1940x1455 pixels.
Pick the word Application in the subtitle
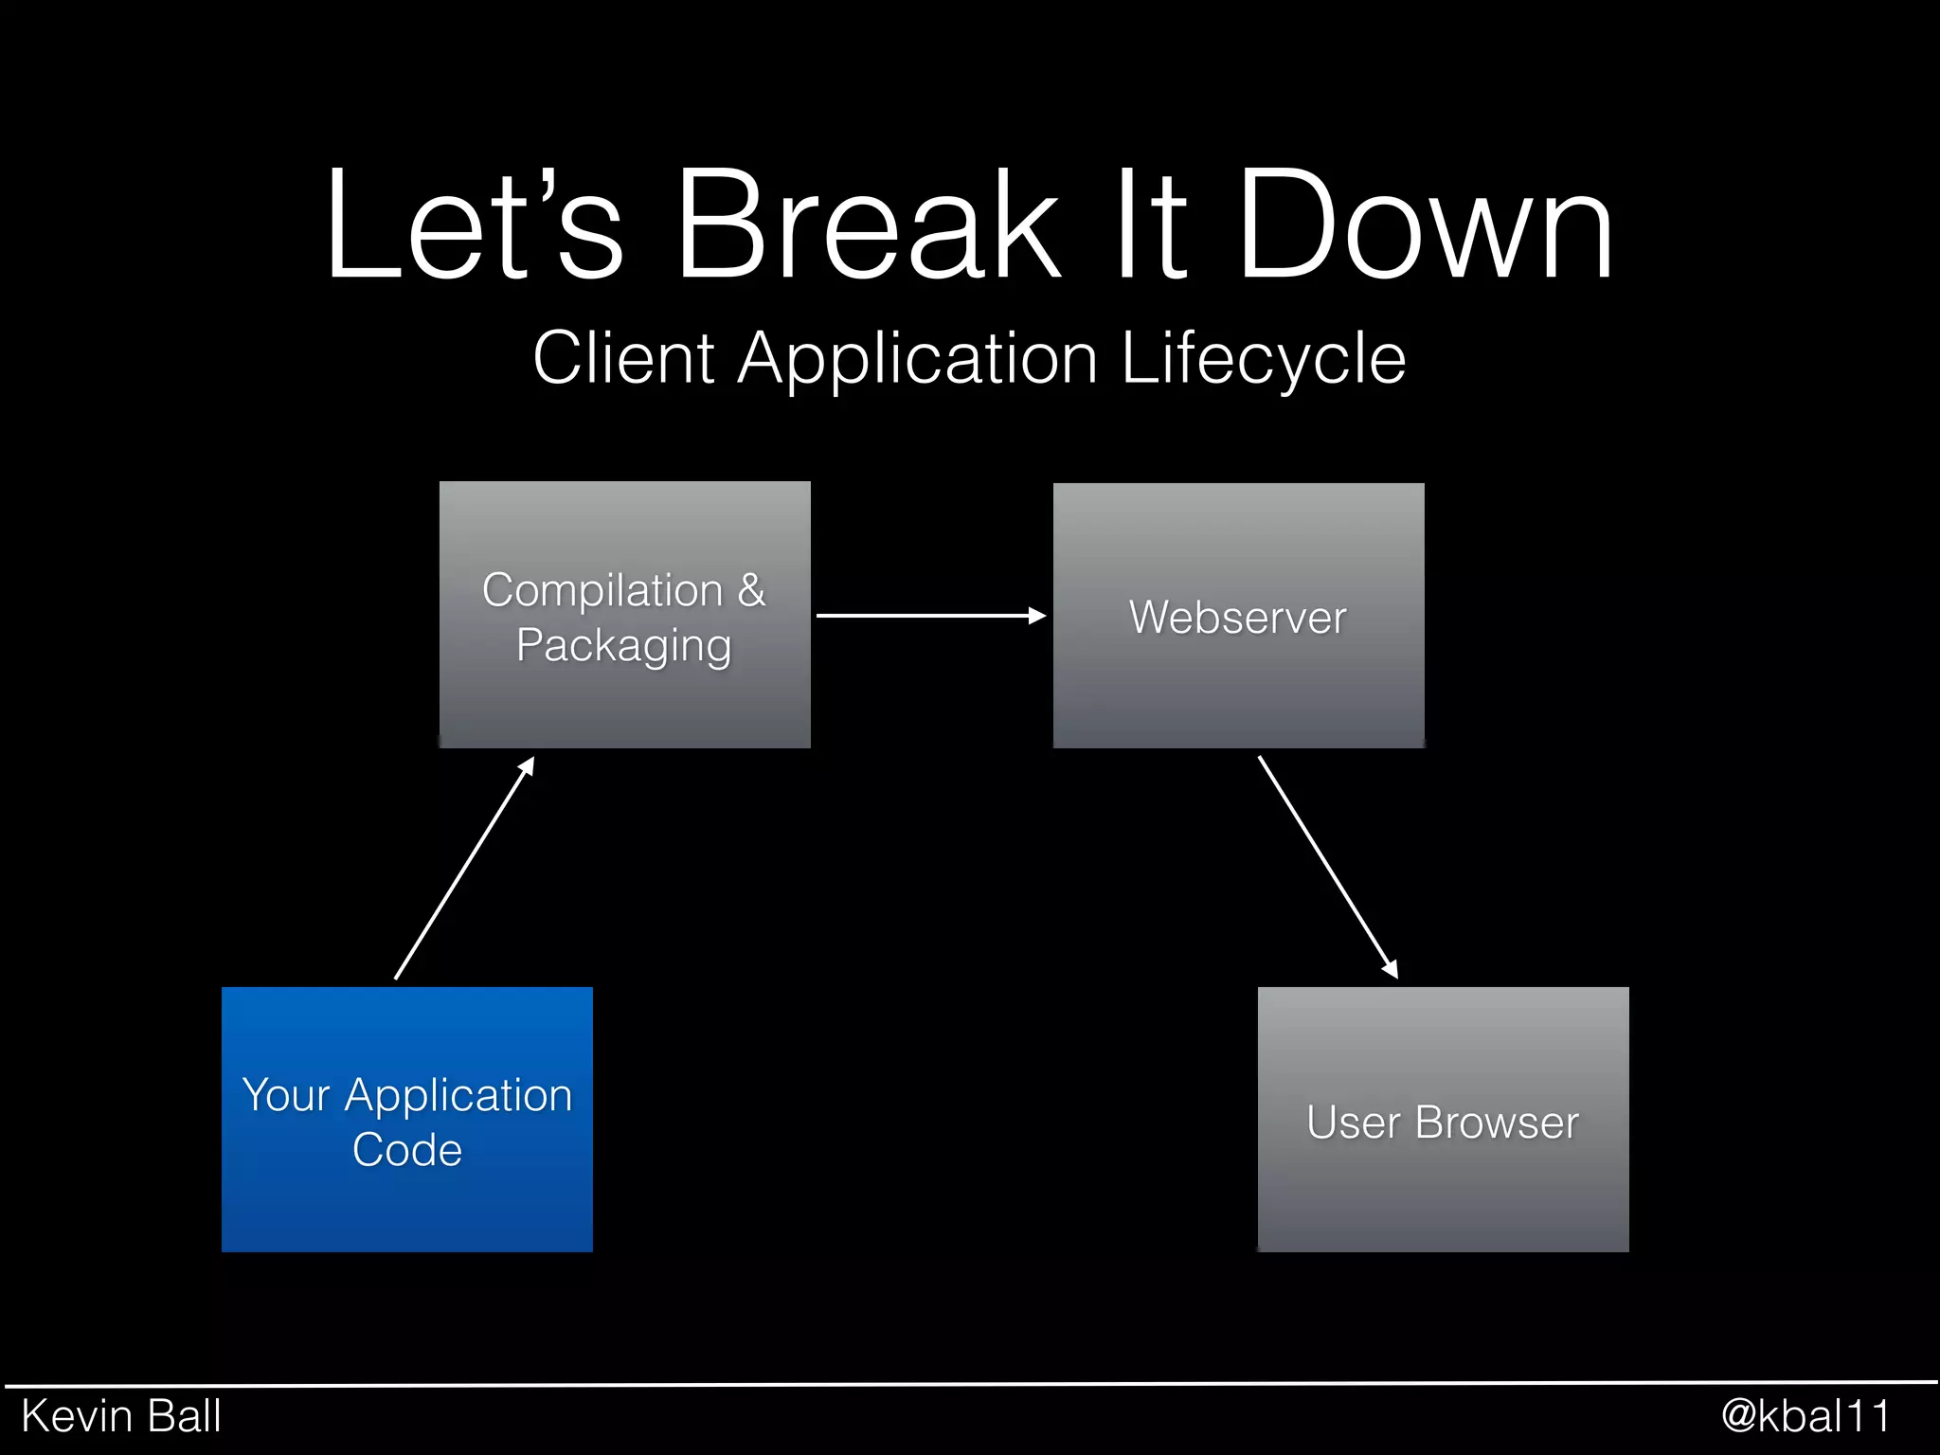pos(917,360)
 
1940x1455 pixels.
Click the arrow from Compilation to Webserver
pos(930,616)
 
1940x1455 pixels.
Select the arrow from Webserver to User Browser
pos(1327,866)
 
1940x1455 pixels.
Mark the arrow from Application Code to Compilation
pos(464,868)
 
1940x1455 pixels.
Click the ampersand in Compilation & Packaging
pos(751,590)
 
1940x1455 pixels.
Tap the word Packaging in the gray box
pos(623,647)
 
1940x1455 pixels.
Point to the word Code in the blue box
pos(406,1150)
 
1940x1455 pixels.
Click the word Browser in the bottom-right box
pos(1496,1123)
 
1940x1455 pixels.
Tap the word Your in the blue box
pos(285,1096)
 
